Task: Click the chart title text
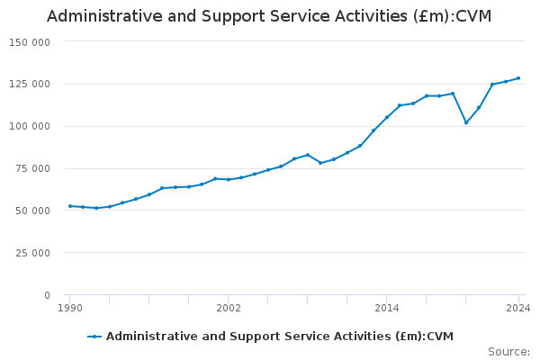[x=269, y=16]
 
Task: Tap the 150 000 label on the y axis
[x=30, y=42]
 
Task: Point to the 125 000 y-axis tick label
[x=30, y=85]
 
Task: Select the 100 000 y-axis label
[x=30, y=127]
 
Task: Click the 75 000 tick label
[x=32, y=169]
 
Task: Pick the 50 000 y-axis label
[x=32, y=211]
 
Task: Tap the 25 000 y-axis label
[x=32, y=253]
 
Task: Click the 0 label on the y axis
[x=47, y=295]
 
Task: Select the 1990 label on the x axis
[x=70, y=309]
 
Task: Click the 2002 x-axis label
[x=229, y=309]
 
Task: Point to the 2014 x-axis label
[x=387, y=309]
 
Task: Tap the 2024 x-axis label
[x=518, y=309]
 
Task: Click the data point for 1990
[x=70, y=206]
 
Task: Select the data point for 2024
[x=518, y=78]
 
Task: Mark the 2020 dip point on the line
[x=466, y=122]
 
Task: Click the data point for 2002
[x=229, y=180]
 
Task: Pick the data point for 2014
[x=387, y=117]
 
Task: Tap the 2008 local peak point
[x=308, y=155]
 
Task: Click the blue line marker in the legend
[x=94, y=337]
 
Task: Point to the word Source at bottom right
[x=508, y=352]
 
